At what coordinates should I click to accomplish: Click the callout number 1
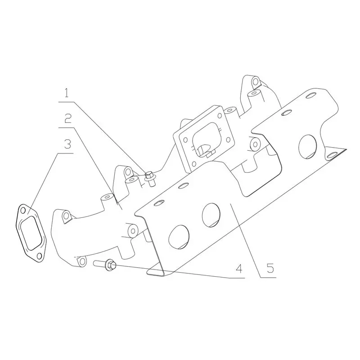pos(66,93)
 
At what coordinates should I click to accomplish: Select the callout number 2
pos(68,118)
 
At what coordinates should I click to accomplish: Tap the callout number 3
pos(67,144)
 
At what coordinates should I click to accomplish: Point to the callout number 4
pos(239,269)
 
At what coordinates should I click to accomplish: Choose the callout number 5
pos(270,268)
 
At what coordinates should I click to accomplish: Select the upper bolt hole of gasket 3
pos(23,211)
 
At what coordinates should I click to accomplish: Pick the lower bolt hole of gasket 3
pos(39,256)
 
